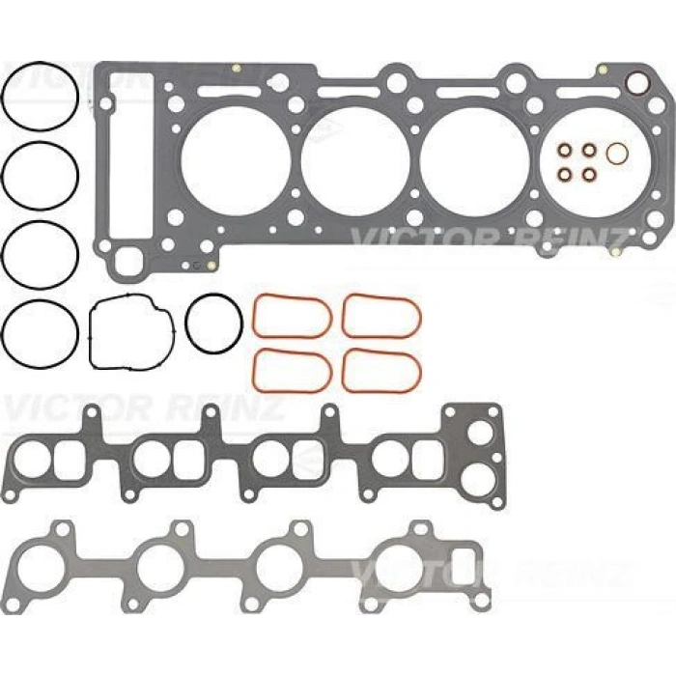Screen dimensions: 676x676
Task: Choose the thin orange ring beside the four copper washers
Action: [x=618, y=154]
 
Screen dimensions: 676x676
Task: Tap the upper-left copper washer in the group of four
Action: [x=564, y=151]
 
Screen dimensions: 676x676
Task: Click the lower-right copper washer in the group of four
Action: [x=588, y=175]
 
